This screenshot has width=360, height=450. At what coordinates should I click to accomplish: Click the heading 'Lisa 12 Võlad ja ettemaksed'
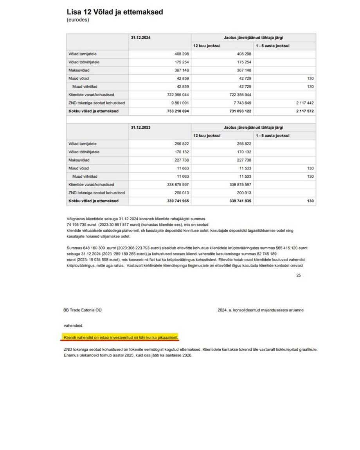click(115, 12)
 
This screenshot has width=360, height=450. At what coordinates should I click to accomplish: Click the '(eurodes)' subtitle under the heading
click(78, 20)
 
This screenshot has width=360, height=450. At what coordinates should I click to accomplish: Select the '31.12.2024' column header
click(141, 38)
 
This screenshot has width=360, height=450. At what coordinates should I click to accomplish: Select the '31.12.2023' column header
click(141, 128)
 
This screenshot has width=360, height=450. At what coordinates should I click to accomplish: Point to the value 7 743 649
click(239, 103)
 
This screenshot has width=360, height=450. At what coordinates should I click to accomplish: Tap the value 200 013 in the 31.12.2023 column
click(180, 193)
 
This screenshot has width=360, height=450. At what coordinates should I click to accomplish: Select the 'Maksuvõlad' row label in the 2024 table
click(79, 70)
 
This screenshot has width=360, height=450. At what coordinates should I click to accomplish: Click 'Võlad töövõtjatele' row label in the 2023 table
click(84, 152)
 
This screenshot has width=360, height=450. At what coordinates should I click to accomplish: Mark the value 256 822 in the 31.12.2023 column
click(180, 144)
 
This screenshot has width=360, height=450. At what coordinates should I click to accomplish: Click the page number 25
click(298, 275)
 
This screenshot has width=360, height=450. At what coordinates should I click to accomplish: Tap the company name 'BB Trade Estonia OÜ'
click(83, 310)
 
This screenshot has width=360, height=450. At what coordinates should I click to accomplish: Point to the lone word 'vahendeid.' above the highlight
click(74, 325)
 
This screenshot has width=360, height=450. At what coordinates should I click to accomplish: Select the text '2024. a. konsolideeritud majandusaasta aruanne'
click(260, 310)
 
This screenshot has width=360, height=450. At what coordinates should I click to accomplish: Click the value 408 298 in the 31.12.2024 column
click(180, 54)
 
